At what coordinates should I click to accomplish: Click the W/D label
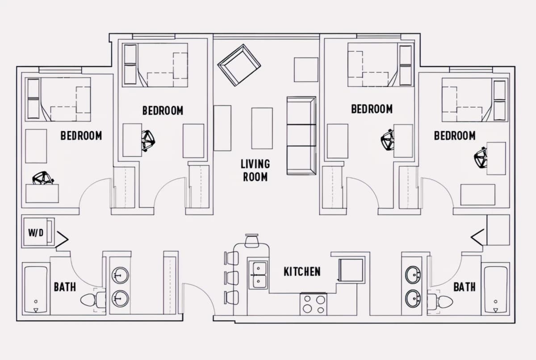(36, 233)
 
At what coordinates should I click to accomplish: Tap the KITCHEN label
(302, 272)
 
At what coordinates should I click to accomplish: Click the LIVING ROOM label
(255, 170)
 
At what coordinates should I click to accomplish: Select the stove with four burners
(314, 304)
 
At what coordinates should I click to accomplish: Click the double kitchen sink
(258, 275)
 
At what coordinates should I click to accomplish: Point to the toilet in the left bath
(93, 300)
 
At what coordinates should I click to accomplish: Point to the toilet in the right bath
(440, 301)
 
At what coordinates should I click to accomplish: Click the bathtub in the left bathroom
(36, 289)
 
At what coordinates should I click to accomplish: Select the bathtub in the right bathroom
(495, 289)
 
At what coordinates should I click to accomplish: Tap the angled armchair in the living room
(239, 65)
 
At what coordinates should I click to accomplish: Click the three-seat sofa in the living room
(301, 136)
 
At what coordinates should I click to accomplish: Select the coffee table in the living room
(262, 128)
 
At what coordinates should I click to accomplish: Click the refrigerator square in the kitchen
(351, 270)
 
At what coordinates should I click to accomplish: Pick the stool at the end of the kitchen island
(252, 241)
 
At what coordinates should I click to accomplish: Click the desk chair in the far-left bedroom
(43, 178)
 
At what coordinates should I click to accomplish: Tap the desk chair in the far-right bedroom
(480, 158)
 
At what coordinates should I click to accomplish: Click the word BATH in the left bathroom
(65, 287)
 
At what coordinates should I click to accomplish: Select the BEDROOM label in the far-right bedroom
(455, 136)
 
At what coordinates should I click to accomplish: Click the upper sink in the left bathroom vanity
(120, 276)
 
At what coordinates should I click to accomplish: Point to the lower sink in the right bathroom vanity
(413, 298)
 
